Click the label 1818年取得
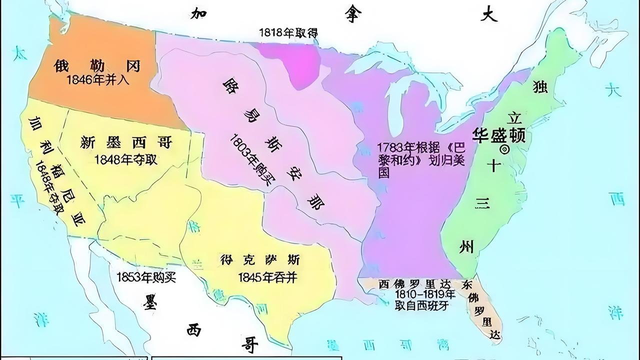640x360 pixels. [288, 32]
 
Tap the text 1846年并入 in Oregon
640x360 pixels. [97, 80]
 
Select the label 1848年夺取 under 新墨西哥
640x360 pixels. [126, 159]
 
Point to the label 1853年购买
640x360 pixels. [146, 277]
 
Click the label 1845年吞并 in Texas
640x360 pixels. [267, 277]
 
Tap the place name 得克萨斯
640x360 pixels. [260, 260]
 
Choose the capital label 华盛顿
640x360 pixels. [499, 134]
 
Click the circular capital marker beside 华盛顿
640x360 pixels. [504, 149]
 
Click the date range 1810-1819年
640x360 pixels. [424, 293]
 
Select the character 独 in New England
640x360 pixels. [540, 86]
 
